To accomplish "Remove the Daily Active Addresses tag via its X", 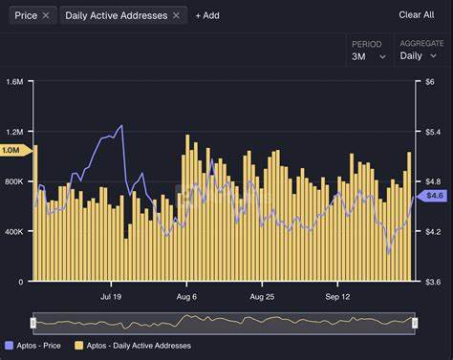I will (176, 15).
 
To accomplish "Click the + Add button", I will (206, 15).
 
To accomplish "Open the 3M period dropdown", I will (369, 56).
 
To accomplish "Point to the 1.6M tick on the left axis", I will (13, 82).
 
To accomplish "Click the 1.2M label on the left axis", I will (13, 132).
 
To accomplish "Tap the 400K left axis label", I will (13, 232).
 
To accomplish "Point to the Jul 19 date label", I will (112, 297).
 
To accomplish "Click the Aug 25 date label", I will (263, 297).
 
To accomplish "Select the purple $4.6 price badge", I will (434, 195).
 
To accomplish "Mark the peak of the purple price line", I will (121, 126).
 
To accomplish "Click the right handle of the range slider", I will (415, 323).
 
